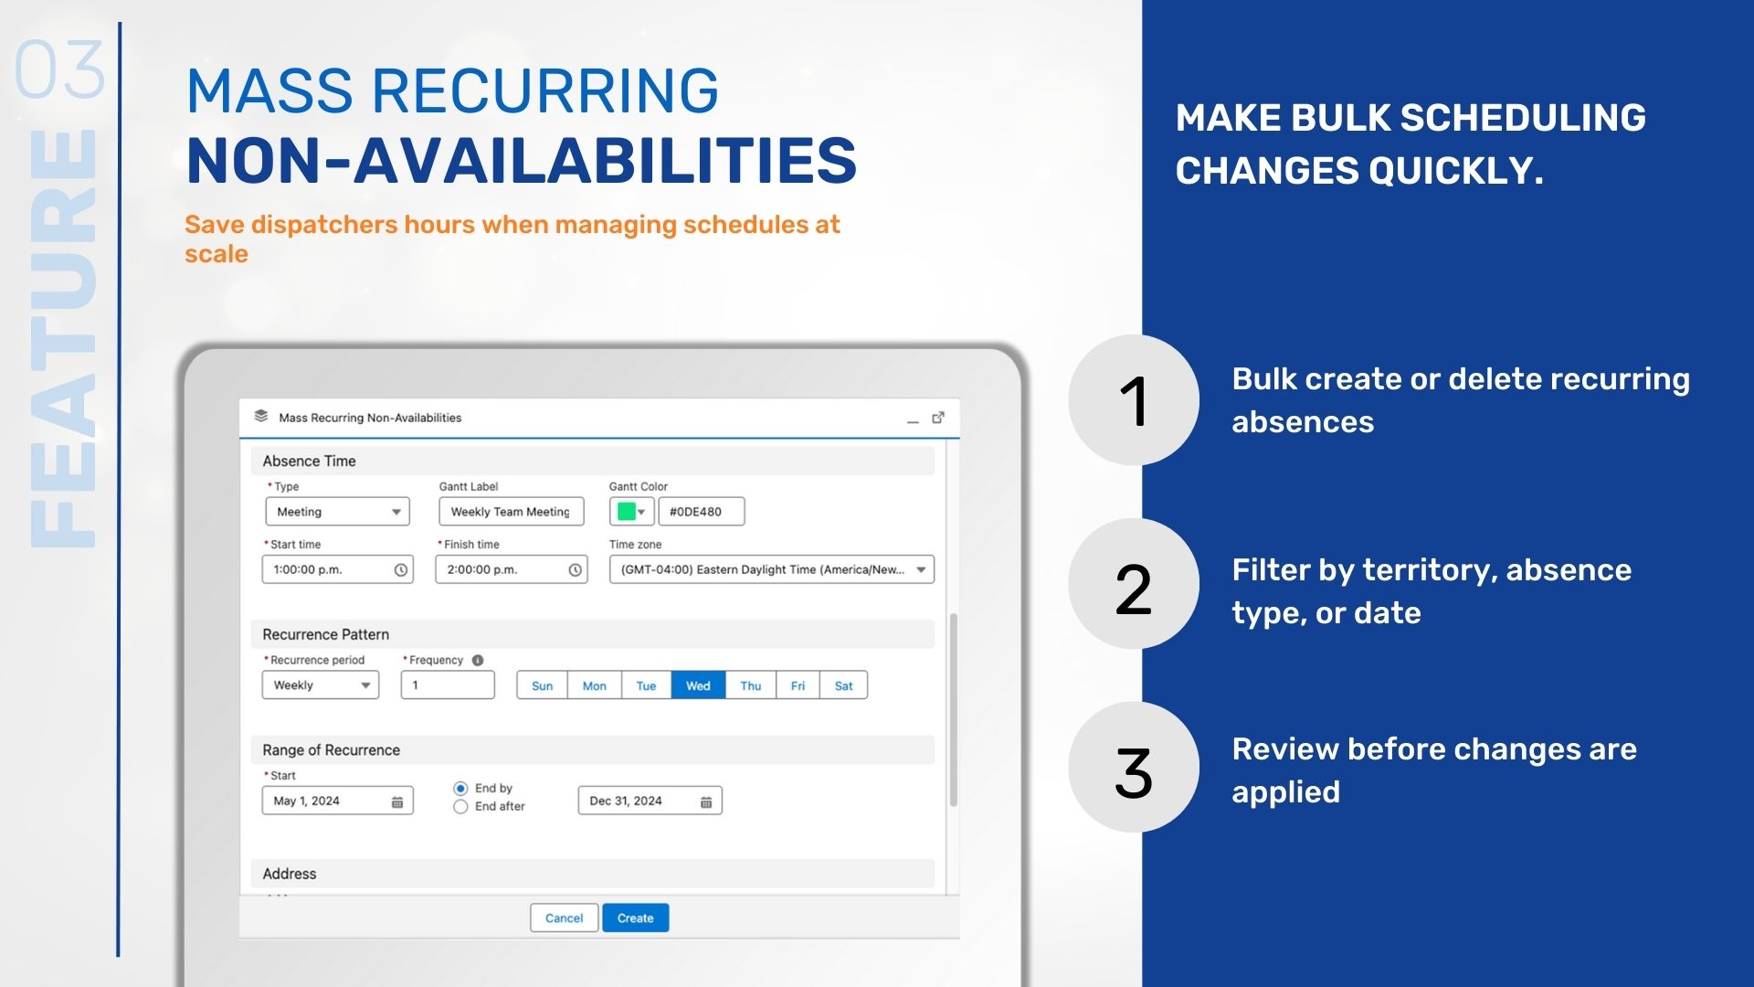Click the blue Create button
(635, 918)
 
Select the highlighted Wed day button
(698, 685)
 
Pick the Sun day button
(542, 685)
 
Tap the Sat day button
(843, 685)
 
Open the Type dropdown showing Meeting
(337, 512)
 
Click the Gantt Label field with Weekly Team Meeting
(510, 512)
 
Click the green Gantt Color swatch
(627, 512)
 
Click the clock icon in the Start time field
(400, 569)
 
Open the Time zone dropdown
(771, 569)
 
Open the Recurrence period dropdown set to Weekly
(320, 685)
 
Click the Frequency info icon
(478, 660)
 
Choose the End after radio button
(460, 806)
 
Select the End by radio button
(460, 788)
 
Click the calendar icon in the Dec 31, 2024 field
(706, 801)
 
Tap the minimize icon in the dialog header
(912, 419)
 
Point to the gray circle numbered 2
(1133, 585)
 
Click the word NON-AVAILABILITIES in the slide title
(521, 161)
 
